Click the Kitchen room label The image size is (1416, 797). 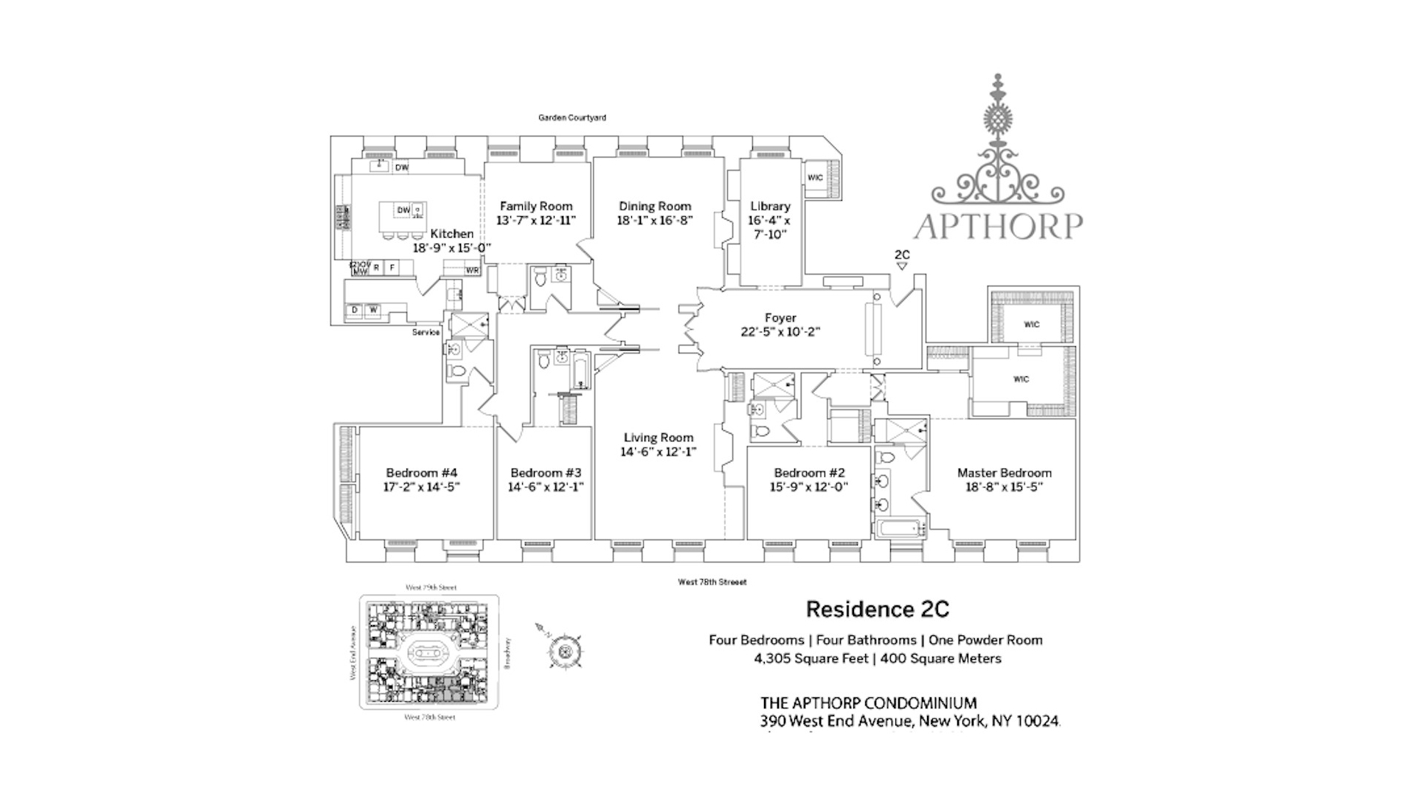[452, 234]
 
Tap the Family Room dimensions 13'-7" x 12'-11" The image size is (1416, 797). [536, 221]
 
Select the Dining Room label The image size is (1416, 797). [655, 207]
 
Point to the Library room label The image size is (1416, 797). [770, 207]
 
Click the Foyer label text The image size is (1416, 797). [780, 318]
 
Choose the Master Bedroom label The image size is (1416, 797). [1004, 473]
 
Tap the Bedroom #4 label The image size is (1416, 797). [422, 473]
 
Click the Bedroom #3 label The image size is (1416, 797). [546, 473]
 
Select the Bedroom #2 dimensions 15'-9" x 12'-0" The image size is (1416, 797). [809, 487]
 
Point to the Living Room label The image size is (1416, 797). [658, 438]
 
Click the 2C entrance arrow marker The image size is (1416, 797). [901, 266]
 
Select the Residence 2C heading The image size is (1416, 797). [877, 610]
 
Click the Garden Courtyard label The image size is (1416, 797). [572, 118]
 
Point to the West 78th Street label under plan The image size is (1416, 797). [712, 582]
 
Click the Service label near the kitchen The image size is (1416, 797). [426, 333]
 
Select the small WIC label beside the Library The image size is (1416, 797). [815, 178]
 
